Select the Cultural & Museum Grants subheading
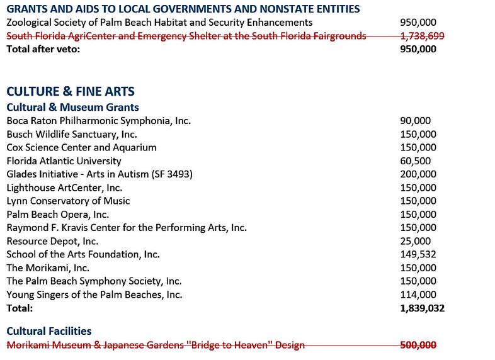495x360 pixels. click(72, 107)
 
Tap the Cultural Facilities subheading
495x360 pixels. click(49, 330)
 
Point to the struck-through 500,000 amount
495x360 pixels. click(418, 345)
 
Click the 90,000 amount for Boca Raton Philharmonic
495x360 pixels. click(415, 121)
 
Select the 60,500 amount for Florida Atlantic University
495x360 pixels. click(415, 160)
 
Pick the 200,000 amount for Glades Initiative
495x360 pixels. click(418, 174)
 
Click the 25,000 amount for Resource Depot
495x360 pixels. click(415, 241)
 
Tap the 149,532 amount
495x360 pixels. click(418, 254)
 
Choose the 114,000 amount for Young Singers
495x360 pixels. click(418, 295)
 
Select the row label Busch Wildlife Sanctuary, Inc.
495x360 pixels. click(71, 134)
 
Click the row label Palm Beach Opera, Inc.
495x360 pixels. click(57, 215)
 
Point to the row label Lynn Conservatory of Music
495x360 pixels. click(68, 201)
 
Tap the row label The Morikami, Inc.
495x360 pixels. click(50, 268)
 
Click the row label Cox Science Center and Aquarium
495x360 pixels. click(81, 147)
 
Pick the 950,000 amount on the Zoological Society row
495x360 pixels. click(418, 22)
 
